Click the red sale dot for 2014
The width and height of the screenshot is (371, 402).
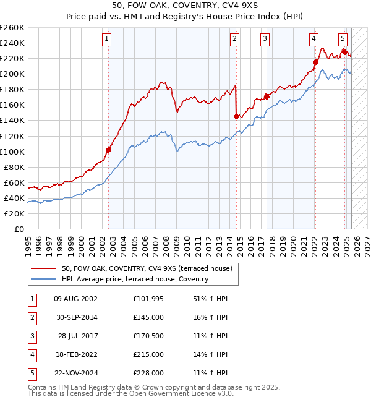(x=237, y=116)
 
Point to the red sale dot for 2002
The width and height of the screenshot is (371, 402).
(x=109, y=150)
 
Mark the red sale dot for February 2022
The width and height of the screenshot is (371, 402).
(x=315, y=62)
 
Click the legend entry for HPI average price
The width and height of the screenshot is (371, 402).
(x=135, y=279)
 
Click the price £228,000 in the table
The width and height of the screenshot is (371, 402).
(x=148, y=373)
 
